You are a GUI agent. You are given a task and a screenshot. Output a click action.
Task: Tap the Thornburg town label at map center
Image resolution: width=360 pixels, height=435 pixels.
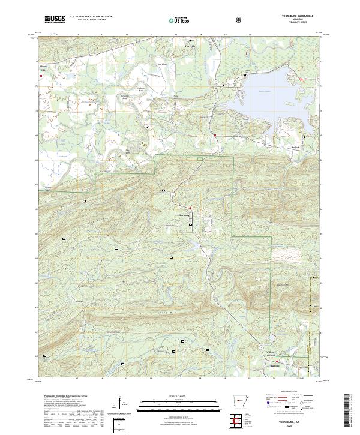coord(184,214)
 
